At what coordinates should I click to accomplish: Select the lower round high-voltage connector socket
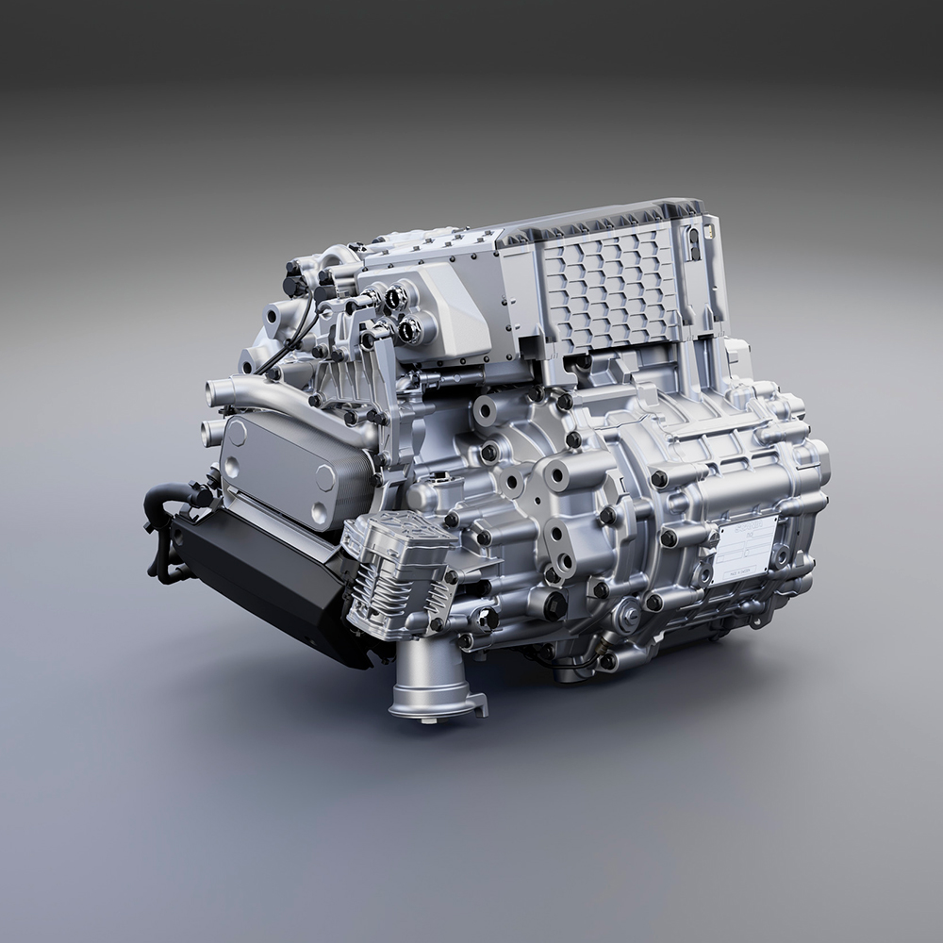pyautogui.click(x=410, y=330)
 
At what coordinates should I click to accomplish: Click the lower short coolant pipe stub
pyautogui.click(x=209, y=434)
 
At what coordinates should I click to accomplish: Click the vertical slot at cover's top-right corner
pyautogui.click(x=693, y=240)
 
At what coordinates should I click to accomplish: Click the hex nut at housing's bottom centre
pyautogui.click(x=628, y=619)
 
